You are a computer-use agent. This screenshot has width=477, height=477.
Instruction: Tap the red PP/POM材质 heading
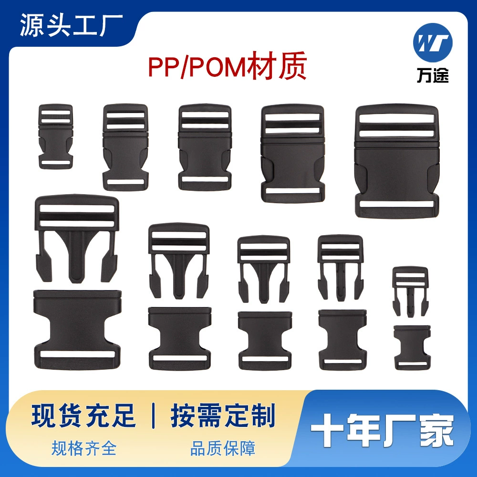click(227, 67)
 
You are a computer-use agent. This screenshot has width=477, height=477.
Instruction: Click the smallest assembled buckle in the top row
click(56, 136)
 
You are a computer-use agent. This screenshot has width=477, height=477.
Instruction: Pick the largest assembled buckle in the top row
click(396, 161)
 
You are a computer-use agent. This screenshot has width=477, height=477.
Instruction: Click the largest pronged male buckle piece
click(77, 236)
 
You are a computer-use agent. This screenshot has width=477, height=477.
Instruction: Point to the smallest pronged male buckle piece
click(410, 291)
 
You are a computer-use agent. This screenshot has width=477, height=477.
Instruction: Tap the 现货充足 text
click(84, 415)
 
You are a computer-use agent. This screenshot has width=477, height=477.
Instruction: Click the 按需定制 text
click(223, 415)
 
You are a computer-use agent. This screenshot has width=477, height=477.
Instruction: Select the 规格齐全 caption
click(84, 448)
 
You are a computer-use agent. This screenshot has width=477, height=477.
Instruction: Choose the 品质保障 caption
click(223, 448)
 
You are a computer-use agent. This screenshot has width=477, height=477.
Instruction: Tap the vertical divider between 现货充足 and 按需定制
click(153, 415)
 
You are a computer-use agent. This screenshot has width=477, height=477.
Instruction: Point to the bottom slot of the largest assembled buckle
click(396, 204)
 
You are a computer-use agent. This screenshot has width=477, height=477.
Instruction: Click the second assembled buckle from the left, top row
click(125, 147)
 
